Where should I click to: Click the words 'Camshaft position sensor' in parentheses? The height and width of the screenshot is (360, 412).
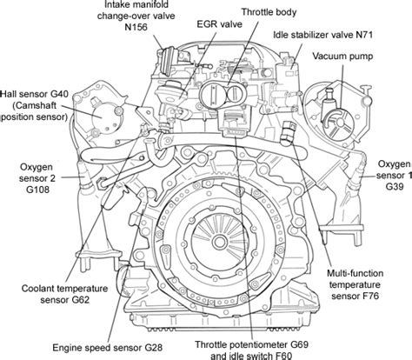point(33,106)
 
